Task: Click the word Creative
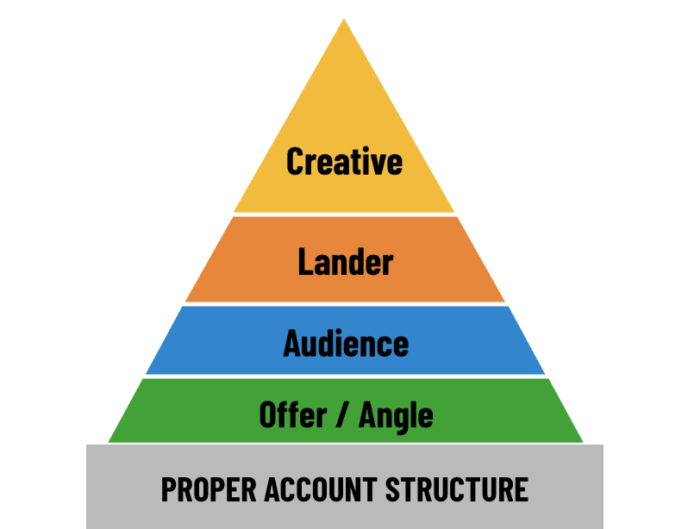pos(344,161)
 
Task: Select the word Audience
pos(346,343)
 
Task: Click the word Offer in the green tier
pos(291,415)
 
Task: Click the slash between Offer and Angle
pos(342,416)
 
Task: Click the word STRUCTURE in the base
pos(456,489)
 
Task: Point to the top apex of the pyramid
pos(344,17)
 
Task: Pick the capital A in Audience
pos(293,343)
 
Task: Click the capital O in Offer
pos(270,415)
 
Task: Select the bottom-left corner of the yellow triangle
pos(234,212)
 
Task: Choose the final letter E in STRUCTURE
pos(521,489)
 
